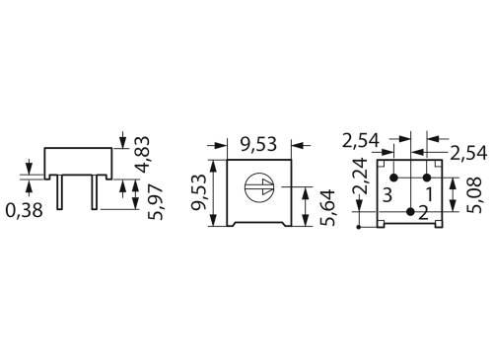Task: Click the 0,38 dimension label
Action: click(24, 209)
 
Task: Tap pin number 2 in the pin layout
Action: click(423, 211)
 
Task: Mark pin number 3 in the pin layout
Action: click(389, 195)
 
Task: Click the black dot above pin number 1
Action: click(427, 178)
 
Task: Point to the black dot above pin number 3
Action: click(393, 178)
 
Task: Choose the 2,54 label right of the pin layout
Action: click(468, 153)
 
